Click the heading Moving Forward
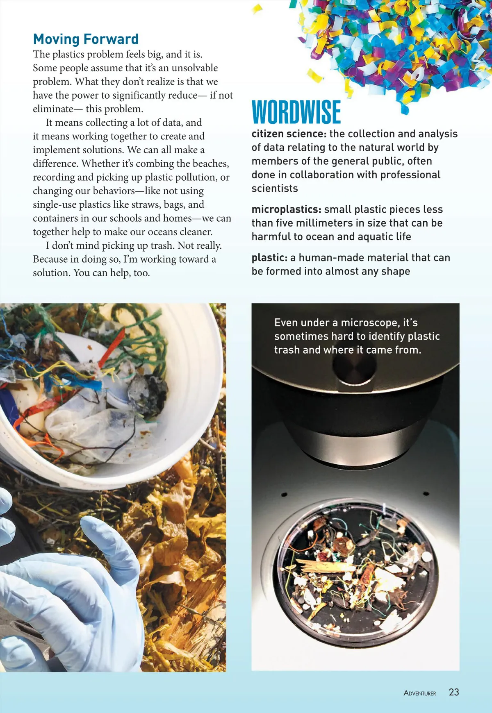[86, 39]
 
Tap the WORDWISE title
[296, 112]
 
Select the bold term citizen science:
[289, 134]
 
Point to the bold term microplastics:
[286, 209]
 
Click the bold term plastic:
[269, 258]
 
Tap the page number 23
[453, 692]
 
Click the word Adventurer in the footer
[420, 693]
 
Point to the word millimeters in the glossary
[342, 223]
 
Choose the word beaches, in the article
[211, 163]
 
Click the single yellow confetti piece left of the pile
[257, 9]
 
